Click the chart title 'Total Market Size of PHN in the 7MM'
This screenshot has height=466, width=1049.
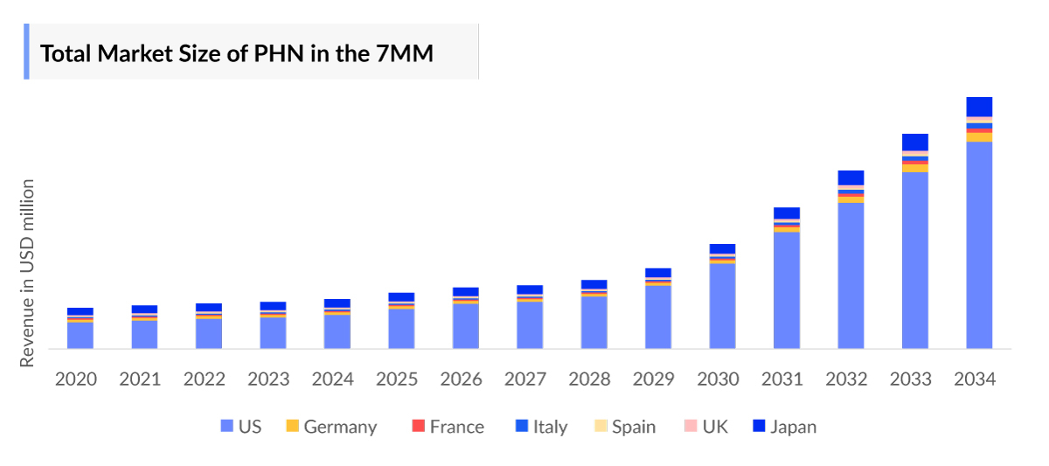237,53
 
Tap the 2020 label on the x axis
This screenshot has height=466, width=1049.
76,379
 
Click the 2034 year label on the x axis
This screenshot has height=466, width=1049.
975,379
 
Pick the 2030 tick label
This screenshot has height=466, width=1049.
718,379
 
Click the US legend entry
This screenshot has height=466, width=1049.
240,427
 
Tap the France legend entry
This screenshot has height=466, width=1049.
447,427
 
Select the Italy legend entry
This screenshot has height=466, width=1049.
541,427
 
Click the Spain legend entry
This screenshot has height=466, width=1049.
624,427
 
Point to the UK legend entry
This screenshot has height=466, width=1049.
706,427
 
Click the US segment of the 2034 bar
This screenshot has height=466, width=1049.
979,245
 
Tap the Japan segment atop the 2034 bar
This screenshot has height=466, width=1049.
979,107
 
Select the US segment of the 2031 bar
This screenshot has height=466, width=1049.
787,289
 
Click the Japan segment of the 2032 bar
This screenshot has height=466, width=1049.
851,177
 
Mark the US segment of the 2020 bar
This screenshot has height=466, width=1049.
80,336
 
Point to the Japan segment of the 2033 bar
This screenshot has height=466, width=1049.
915,142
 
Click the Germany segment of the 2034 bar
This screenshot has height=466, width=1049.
979,137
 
